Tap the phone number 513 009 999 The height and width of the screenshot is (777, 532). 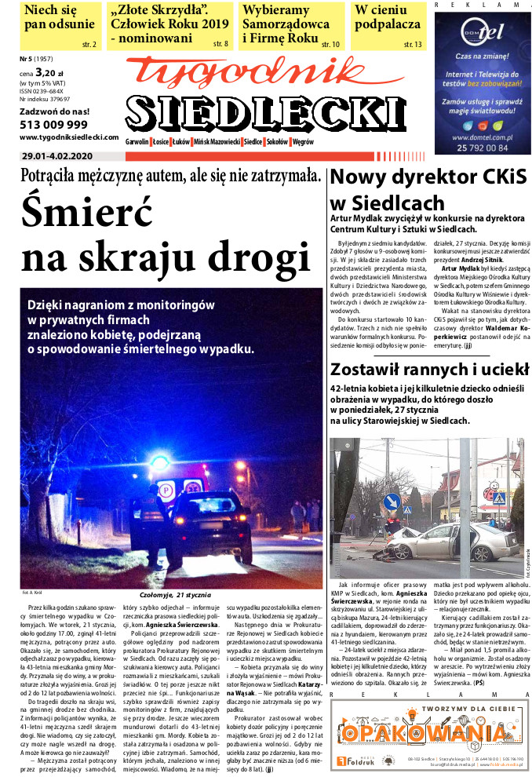[53, 124]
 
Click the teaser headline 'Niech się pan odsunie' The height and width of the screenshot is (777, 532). [60, 17]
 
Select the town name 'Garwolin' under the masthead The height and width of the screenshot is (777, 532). [137, 142]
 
